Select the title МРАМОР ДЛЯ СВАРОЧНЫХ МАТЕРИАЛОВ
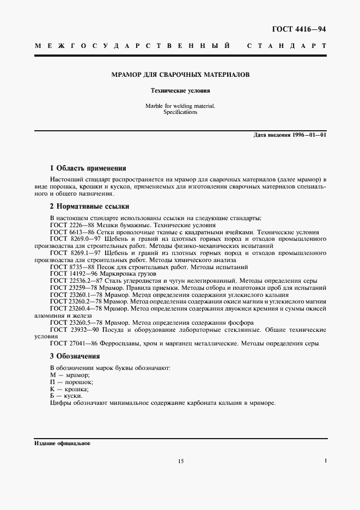[x=180, y=74]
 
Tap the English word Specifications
[x=180, y=112]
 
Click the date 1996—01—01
[x=310, y=135]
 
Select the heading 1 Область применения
[x=88, y=168]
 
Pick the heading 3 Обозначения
[x=75, y=356]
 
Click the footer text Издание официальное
[x=62, y=443]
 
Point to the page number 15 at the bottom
[x=181, y=461]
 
